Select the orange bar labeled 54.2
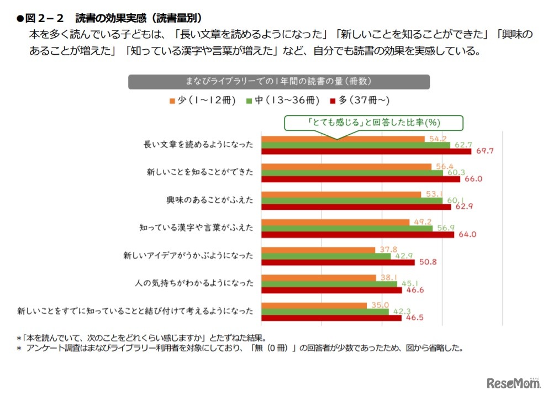click(x=342, y=139)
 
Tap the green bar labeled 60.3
click(x=352, y=172)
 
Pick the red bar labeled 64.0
click(x=357, y=234)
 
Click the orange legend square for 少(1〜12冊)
click(x=172, y=101)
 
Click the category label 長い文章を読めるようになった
click(x=198, y=145)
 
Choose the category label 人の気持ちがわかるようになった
click(x=194, y=283)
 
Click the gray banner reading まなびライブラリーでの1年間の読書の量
click(x=280, y=82)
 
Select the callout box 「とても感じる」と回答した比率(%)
click(x=373, y=122)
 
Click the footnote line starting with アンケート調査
click(x=243, y=349)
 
